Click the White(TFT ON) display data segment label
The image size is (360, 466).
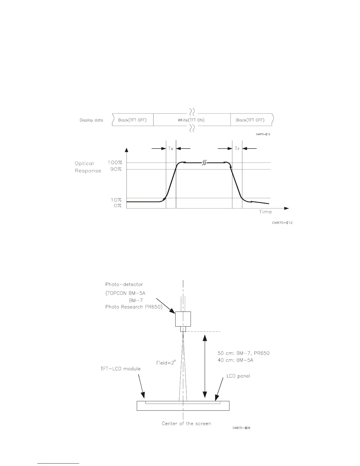tap(191, 120)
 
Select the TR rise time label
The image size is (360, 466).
tap(171, 149)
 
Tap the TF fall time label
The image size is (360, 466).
tap(237, 149)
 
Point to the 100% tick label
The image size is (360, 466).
tap(114, 162)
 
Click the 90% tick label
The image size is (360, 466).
tap(116, 169)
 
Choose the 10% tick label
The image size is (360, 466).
tap(116, 200)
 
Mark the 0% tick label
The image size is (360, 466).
tap(118, 206)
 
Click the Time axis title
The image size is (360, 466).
tap(265, 212)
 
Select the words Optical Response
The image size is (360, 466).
tap(88, 167)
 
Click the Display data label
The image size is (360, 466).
tap(91, 120)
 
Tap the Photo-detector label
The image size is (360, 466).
tap(124, 284)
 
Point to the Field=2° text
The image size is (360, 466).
tap(166, 363)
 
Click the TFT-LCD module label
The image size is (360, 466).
tap(121, 369)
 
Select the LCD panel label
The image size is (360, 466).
tap(238, 376)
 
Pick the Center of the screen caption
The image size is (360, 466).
tap(186, 424)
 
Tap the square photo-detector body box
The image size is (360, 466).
tap(183, 319)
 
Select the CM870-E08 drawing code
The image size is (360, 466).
tap(241, 428)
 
